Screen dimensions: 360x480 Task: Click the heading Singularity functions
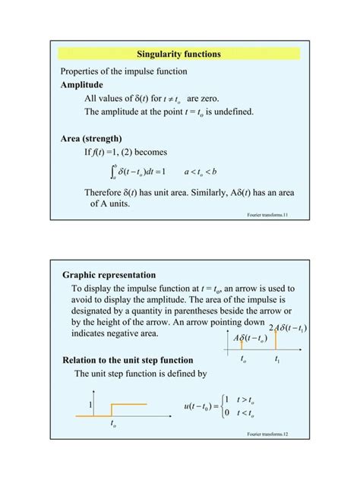179,54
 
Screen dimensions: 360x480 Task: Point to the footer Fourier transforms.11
268,216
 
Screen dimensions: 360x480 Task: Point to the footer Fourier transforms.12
268,434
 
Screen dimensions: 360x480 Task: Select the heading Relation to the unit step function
128,360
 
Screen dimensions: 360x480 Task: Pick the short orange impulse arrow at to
242,345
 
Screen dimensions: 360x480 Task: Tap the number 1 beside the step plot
90,405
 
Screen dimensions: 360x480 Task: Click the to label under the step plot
112,425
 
